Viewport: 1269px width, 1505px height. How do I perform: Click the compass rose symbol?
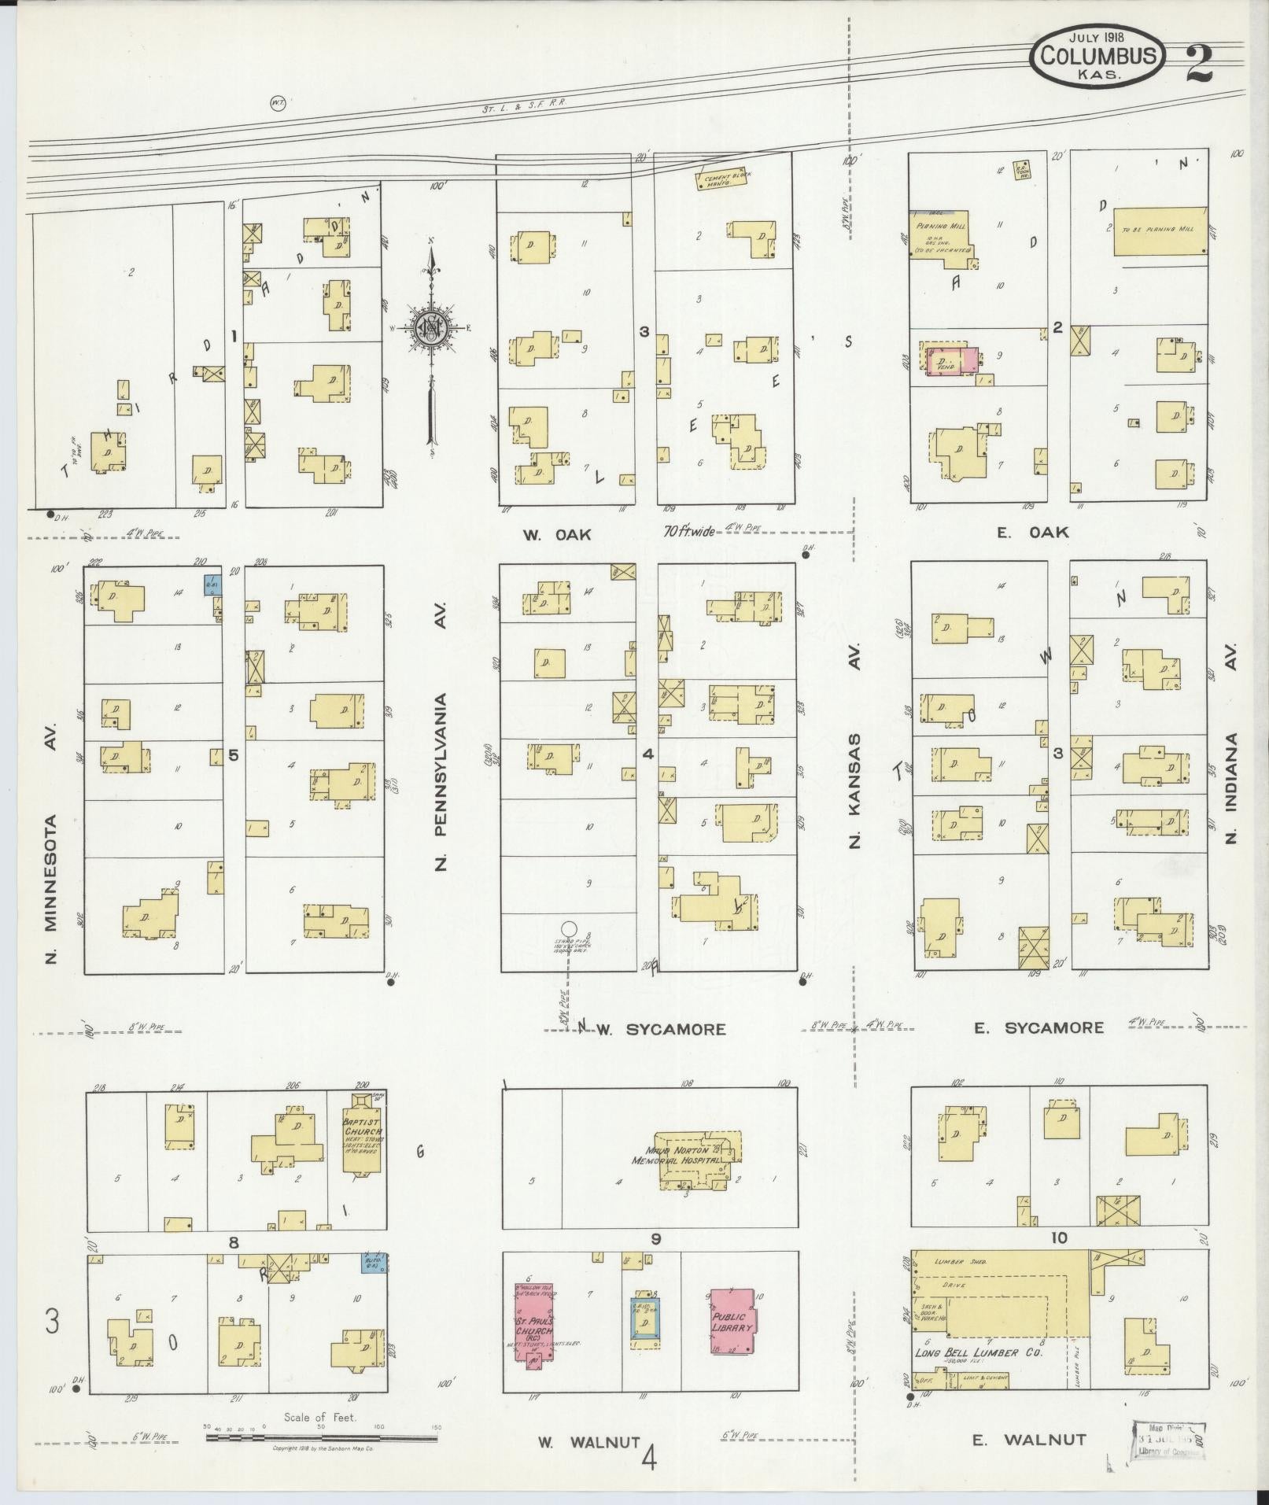point(432,327)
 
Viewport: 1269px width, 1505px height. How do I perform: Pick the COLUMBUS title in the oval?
point(1099,56)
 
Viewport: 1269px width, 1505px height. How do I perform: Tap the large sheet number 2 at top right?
point(1199,63)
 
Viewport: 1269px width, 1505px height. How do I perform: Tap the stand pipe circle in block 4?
point(569,930)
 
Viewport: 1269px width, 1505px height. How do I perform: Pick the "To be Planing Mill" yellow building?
point(1160,231)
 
